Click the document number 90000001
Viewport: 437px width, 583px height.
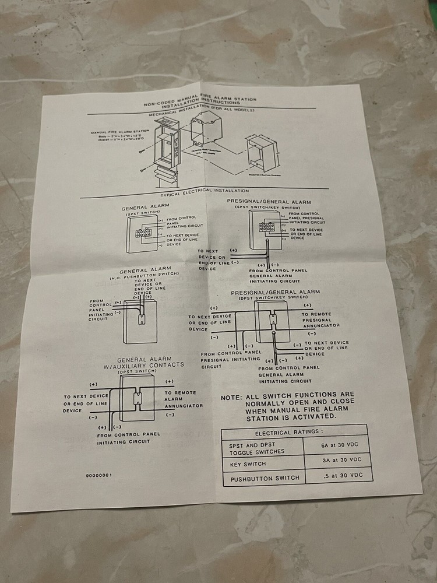[x=98, y=475]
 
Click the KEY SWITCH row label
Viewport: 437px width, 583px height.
[x=247, y=464]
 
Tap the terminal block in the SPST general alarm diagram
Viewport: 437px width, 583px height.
[x=142, y=233]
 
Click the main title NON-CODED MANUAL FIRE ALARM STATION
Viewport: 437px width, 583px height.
[x=200, y=101]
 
